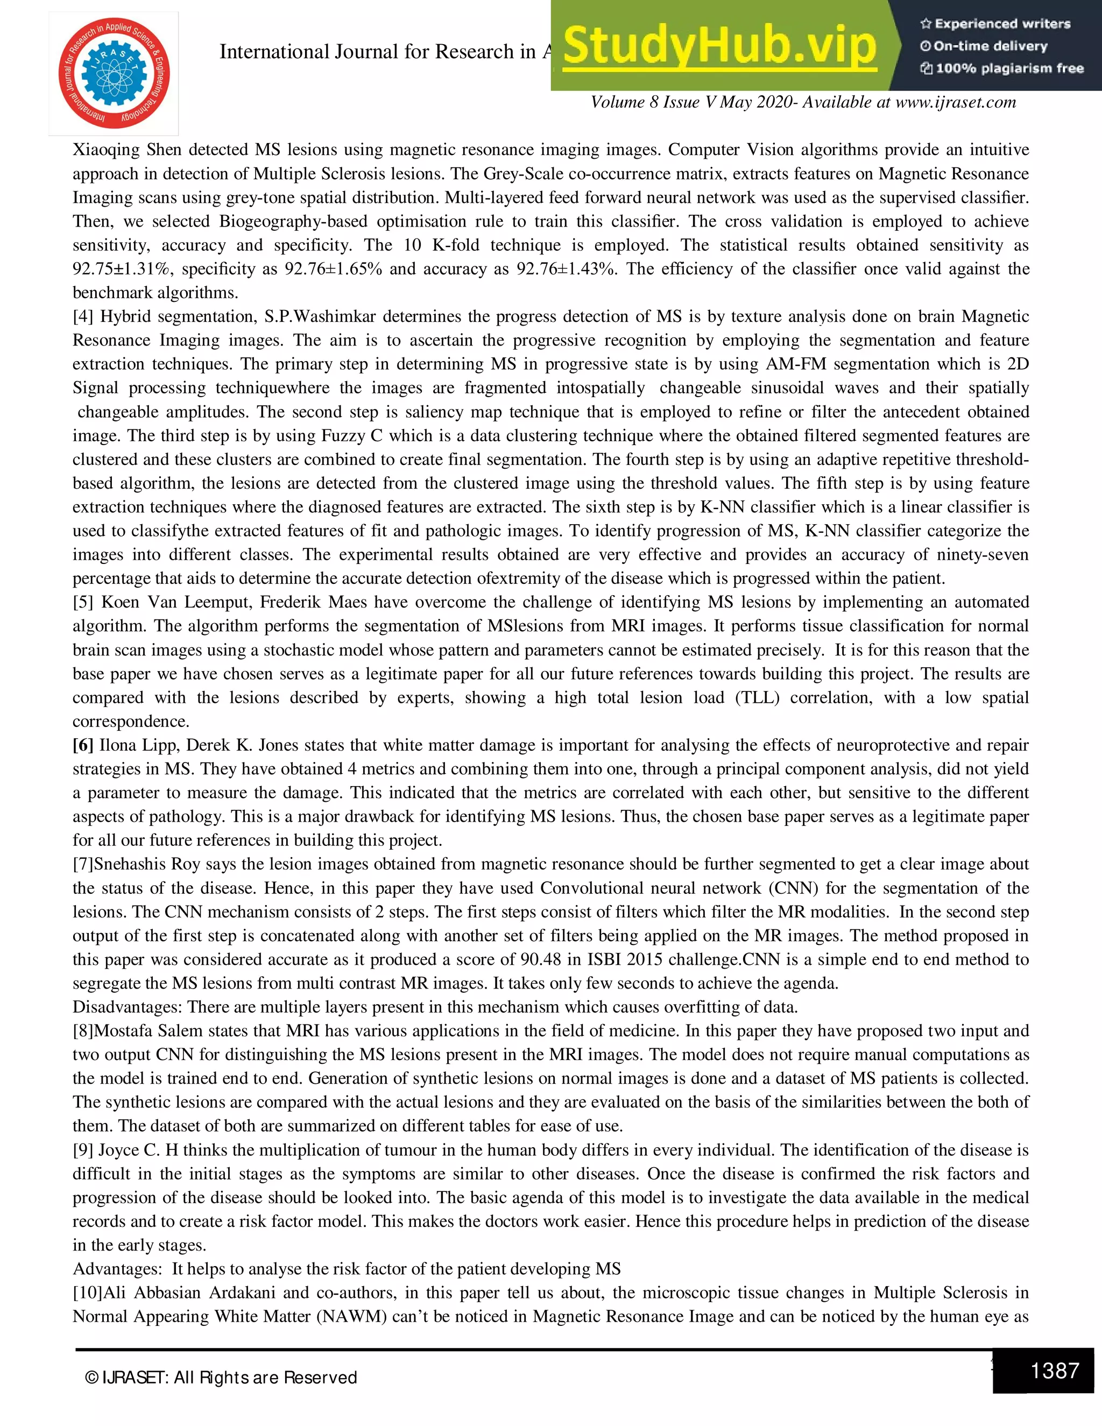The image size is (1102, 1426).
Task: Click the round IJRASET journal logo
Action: pos(114,73)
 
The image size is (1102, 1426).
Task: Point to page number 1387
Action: pos(1054,1370)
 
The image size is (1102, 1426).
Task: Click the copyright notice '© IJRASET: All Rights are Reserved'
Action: pos(221,1378)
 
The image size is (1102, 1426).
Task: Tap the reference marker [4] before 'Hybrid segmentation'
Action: pos(83,316)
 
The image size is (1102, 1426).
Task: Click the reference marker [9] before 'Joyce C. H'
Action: pos(83,1150)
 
